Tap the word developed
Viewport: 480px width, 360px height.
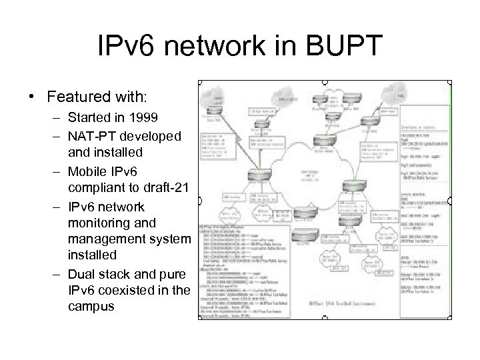pyautogui.click(x=153, y=136)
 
